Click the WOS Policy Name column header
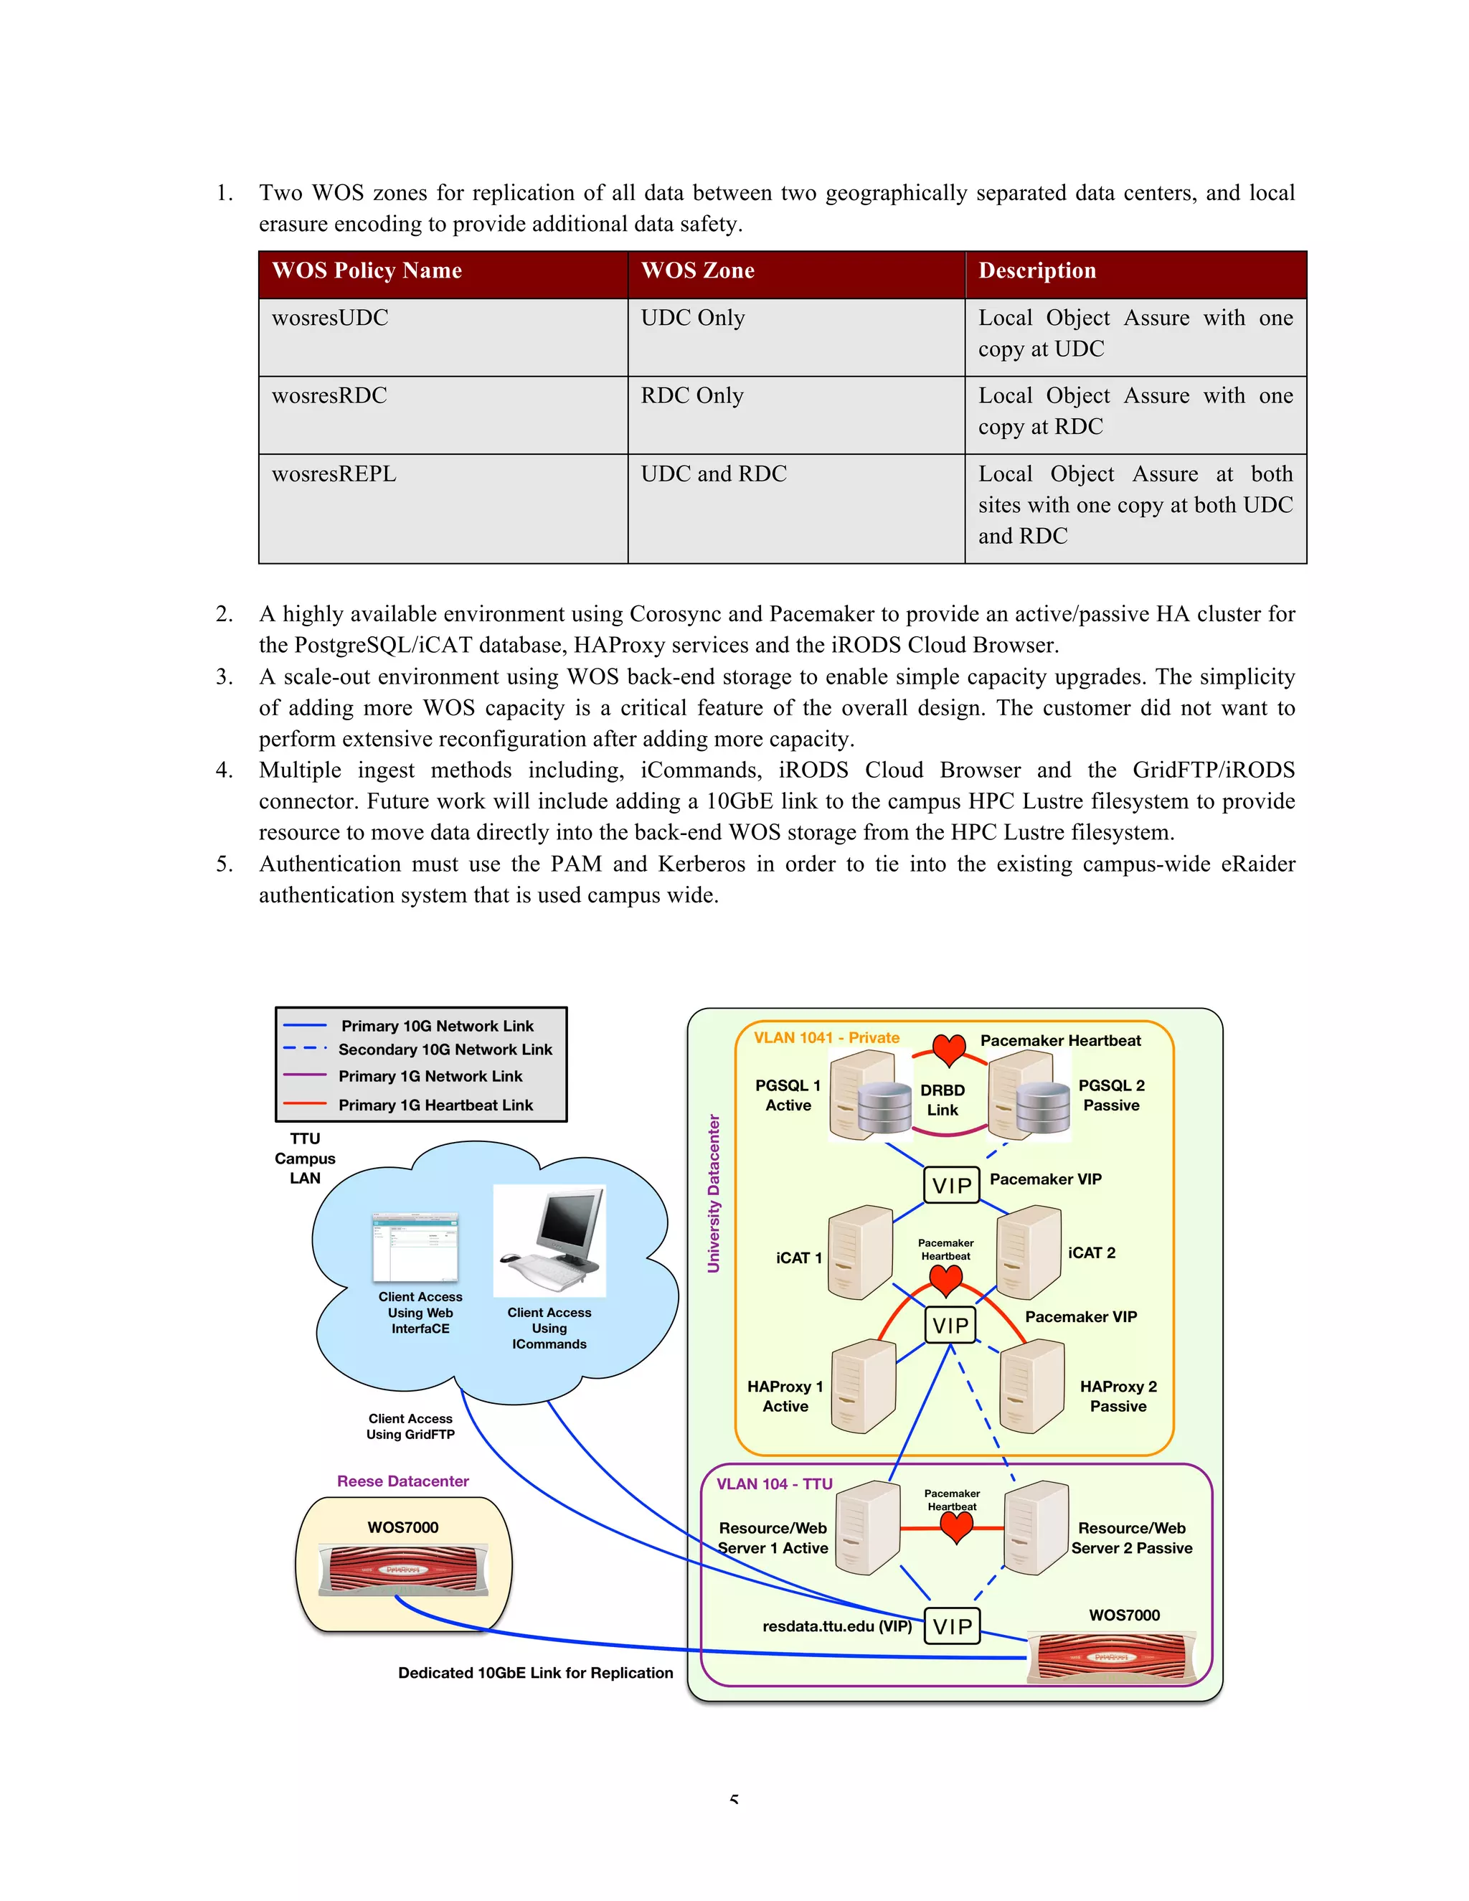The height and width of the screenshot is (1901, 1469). tap(367, 270)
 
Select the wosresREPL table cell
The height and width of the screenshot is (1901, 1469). tap(334, 474)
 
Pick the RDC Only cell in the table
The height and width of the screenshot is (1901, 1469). tap(692, 396)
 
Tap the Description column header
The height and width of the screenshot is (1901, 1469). tap(1036, 270)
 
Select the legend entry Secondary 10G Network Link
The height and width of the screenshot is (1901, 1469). tap(445, 1049)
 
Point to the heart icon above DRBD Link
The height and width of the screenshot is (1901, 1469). tap(948, 1049)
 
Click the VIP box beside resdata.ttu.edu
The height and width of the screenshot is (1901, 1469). tap(952, 1626)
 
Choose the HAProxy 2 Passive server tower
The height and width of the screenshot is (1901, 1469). tap(1032, 1387)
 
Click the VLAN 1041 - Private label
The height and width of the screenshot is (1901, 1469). tap(826, 1037)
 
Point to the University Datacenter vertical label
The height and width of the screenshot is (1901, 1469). tap(714, 1194)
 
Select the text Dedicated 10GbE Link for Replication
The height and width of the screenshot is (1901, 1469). tap(535, 1673)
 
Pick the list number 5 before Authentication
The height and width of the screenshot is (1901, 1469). tap(224, 864)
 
